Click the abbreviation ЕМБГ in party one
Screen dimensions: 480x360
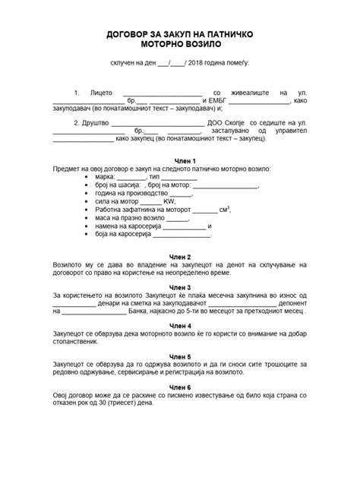point(215,99)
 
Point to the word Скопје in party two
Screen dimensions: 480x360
point(238,122)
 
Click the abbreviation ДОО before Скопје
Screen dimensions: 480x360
point(215,122)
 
